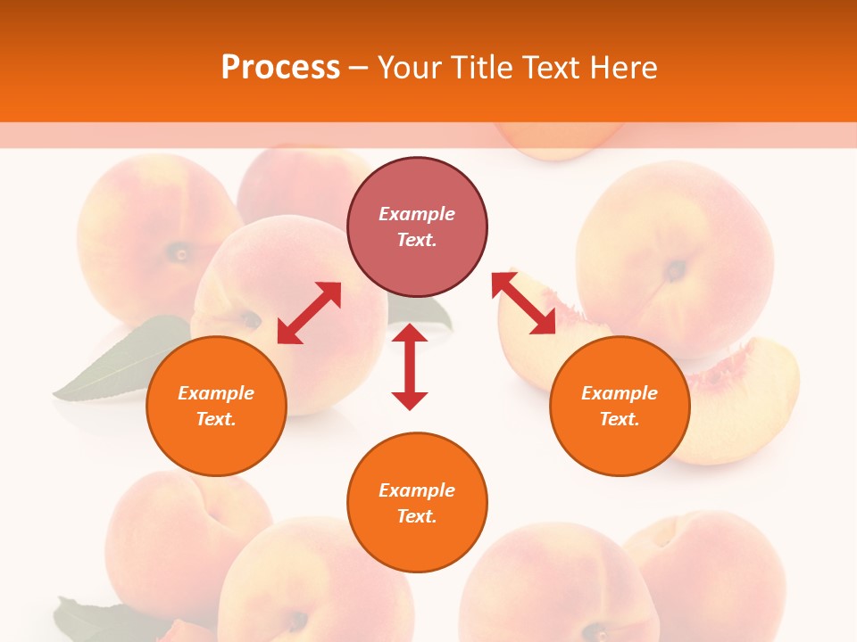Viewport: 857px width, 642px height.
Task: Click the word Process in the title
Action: tap(280, 67)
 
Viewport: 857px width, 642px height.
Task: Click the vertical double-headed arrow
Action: tap(410, 366)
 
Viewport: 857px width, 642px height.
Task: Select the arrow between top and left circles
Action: tap(309, 312)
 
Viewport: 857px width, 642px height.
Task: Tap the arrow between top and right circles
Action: tap(524, 303)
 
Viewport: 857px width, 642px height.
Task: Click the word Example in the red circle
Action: tap(417, 214)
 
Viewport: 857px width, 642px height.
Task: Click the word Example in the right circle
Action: tap(620, 393)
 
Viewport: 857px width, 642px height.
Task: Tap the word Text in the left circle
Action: tap(215, 419)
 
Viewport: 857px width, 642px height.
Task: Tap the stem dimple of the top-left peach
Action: tap(181, 253)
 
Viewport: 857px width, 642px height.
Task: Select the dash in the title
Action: tap(358, 68)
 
